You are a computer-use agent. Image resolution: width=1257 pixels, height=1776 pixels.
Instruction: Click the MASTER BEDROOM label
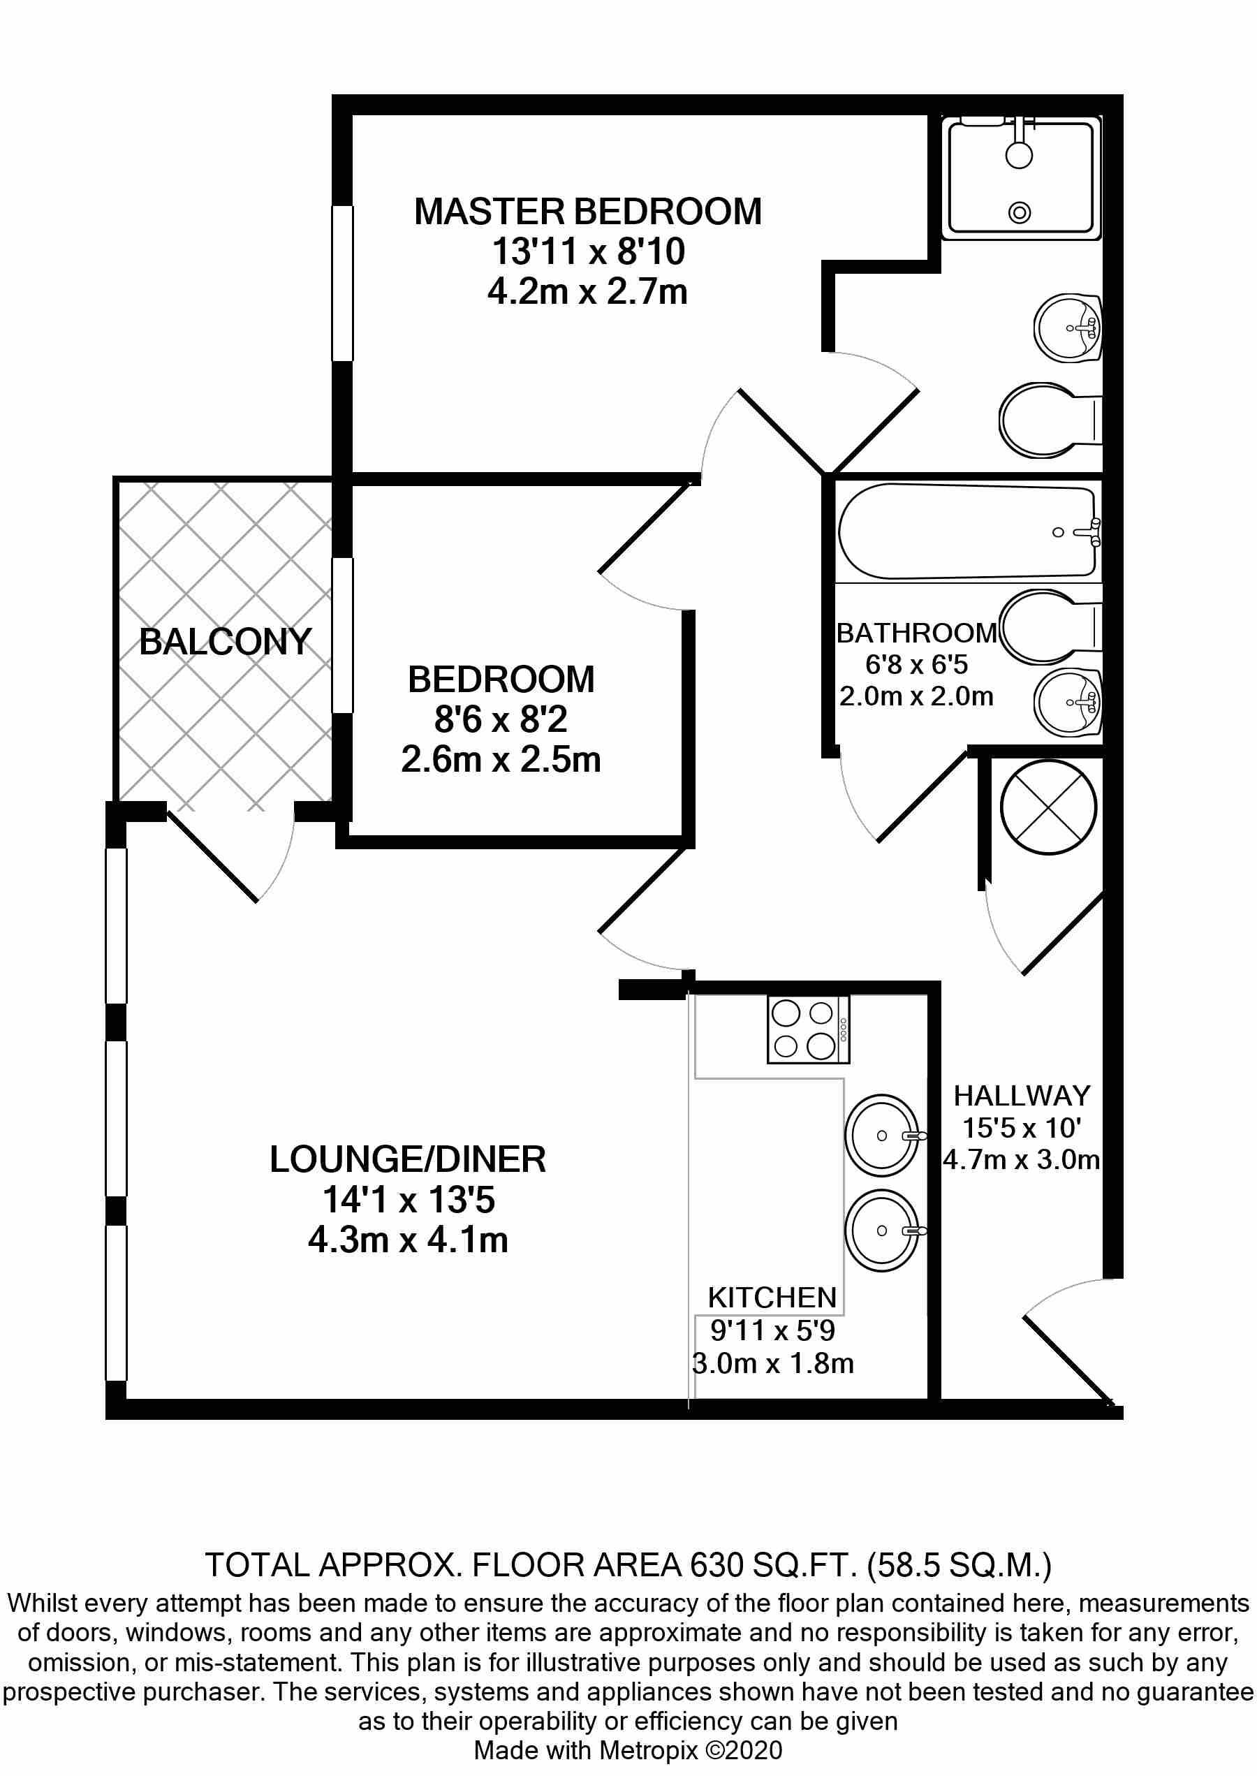587,212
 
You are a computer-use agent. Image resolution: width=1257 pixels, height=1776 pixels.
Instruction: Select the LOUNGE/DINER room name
408,1159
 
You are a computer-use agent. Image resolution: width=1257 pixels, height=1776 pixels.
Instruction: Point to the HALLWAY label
1022,1096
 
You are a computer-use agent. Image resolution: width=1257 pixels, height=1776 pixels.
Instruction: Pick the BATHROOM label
916,633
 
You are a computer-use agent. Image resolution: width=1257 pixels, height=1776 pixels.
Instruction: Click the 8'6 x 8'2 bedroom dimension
501,719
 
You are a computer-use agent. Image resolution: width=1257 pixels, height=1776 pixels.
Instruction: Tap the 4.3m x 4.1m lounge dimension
408,1240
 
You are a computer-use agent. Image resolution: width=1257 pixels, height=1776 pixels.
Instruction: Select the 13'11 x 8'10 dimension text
588,251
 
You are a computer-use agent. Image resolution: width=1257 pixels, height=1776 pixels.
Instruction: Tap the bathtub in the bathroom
969,531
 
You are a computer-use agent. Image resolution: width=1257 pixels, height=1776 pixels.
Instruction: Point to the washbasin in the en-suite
1068,328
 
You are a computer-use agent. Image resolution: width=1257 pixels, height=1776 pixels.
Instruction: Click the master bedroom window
343,284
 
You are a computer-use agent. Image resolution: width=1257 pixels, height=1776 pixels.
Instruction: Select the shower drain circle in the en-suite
1020,212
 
